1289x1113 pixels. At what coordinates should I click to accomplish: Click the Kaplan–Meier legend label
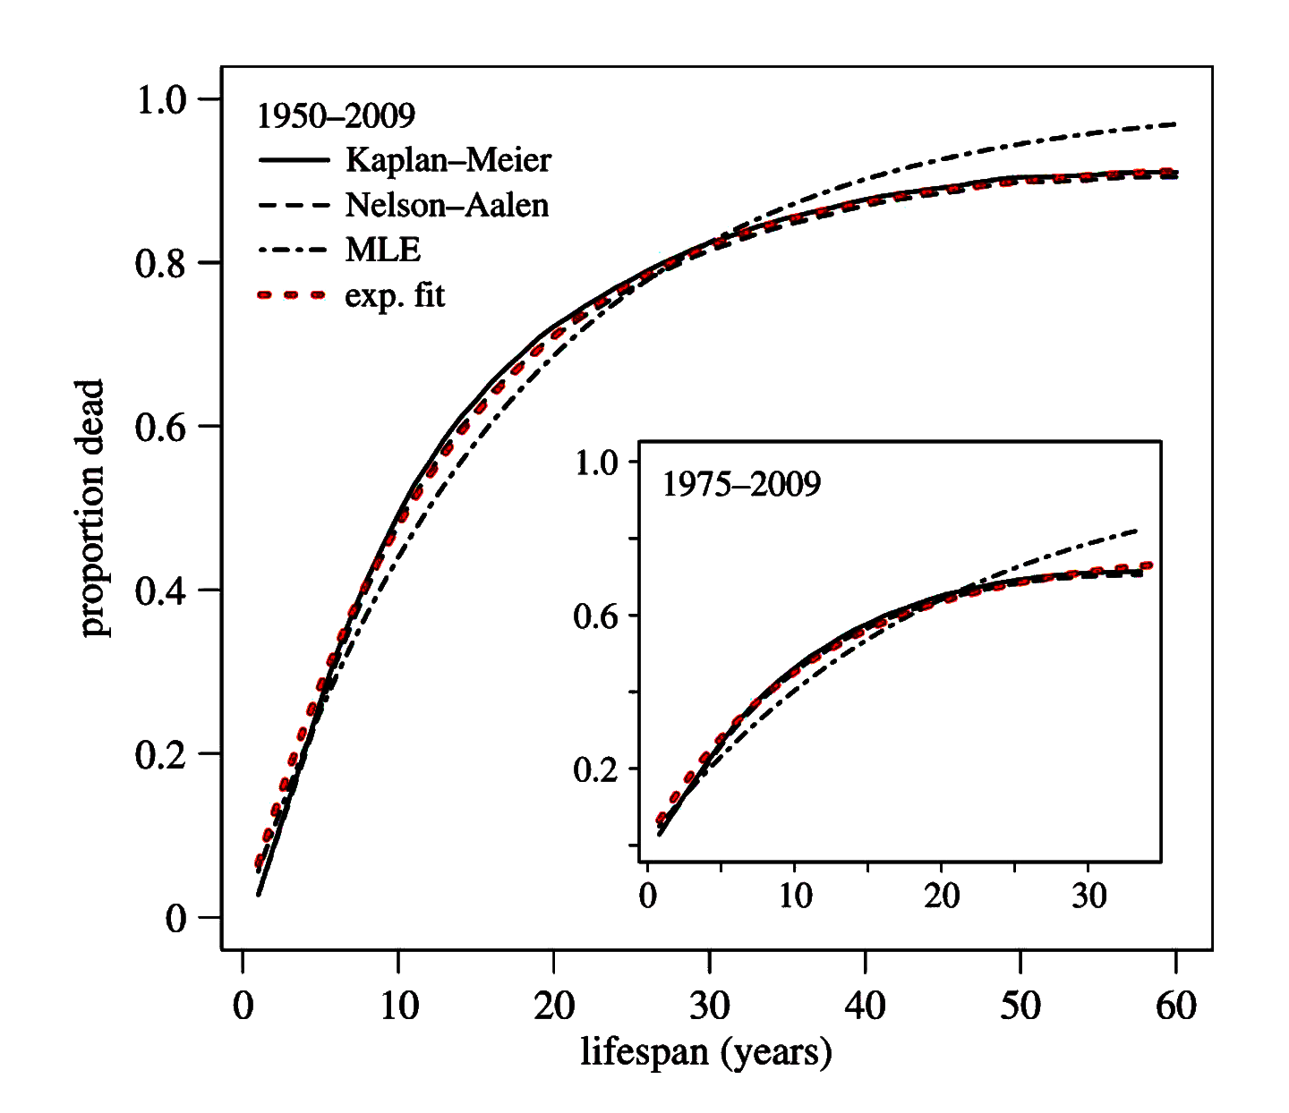click(448, 160)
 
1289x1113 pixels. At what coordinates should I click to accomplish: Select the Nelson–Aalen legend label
click(447, 205)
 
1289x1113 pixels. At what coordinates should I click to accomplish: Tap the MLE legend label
click(383, 250)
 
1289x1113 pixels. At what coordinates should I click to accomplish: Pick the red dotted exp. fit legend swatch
click(292, 295)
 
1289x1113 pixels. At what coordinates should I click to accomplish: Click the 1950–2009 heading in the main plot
click(336, 115)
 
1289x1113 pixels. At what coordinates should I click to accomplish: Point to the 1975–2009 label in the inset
click(741, 484)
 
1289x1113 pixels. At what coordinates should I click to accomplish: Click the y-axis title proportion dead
click(92, 508)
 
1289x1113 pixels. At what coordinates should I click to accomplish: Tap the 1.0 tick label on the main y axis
click(160, 99)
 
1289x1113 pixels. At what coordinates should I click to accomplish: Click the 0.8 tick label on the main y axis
click(160, 263)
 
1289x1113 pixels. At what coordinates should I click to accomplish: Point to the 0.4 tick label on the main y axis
click(160, 590)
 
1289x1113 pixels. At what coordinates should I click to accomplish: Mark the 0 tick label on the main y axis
click(175, 918)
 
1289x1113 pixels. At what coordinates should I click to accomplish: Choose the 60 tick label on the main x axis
click(1175, 1007)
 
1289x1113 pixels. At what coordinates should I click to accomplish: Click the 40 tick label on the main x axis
click(865, 1007)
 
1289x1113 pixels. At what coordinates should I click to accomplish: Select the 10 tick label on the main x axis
click(398, 1007)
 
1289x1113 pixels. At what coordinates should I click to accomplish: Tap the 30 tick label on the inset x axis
click(1088, 896)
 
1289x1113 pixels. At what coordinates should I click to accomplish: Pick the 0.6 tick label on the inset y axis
click(596, 616)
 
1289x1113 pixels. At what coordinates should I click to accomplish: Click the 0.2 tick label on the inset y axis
click(596, 769)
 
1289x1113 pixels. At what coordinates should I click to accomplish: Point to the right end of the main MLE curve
click(1174, 124)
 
